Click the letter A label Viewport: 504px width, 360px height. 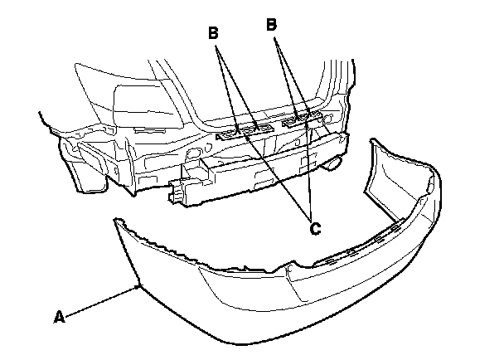[58, 316]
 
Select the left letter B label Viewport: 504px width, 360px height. [213, 34]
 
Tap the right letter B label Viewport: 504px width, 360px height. [270, 27]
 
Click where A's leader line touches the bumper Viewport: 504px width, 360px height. [138, 285]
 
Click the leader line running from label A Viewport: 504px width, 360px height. [99, 300]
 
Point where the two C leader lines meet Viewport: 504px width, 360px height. [308, 215]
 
